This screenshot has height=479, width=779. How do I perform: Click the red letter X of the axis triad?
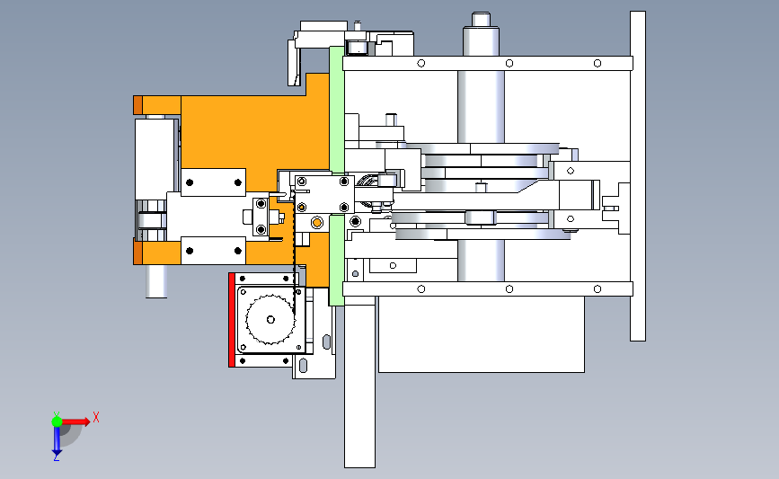96,417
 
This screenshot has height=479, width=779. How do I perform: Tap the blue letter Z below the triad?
57,457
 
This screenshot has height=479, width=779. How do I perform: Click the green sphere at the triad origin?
57,421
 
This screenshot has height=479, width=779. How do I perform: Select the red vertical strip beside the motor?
232,320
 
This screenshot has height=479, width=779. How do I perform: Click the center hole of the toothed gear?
270,320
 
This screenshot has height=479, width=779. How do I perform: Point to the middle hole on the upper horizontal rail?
509,63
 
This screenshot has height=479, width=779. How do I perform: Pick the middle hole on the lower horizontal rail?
509,288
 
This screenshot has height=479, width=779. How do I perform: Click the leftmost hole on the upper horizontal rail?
420,63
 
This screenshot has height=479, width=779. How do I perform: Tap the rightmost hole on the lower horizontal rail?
598,288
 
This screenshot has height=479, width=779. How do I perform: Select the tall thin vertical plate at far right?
638,176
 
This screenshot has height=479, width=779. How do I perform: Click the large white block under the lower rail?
482,334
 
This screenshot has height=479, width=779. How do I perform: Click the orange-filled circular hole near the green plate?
317,222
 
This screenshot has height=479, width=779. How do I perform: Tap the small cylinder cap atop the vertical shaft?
481,19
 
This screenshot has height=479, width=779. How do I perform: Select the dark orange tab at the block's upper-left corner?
137,105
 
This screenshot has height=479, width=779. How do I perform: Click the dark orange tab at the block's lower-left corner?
137,252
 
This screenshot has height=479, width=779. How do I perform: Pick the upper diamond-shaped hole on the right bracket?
571,171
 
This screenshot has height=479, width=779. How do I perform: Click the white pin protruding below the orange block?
156,281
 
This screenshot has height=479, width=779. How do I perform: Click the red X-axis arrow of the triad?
73,421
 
